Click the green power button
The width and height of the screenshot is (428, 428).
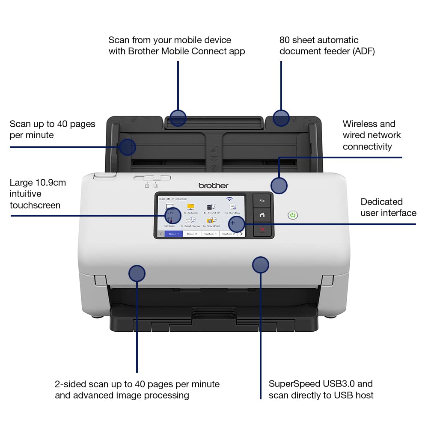(x=293, y=215)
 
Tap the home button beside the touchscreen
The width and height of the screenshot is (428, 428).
(x=262, y=215)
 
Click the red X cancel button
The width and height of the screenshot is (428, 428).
(x=262, y=230)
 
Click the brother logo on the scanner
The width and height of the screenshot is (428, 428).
(x=214, y=185)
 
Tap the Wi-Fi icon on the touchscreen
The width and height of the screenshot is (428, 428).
(x=230, y=199)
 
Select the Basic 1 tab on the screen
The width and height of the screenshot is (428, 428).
(x=174, y=234)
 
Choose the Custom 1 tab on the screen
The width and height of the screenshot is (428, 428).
(x=210, y=234)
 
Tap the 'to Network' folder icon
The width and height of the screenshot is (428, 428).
(x=191, y=208)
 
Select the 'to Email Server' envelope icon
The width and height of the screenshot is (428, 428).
(x=190, y=221)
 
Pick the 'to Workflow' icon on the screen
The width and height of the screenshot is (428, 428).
(x=233, y=208)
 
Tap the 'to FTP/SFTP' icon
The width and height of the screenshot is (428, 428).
(x=211, y=208)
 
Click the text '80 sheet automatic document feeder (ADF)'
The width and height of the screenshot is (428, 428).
(x=327, y=46)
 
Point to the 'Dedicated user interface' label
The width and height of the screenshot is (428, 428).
(x=388, y=207)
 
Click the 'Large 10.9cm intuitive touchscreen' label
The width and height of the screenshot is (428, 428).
(x=38, y=194)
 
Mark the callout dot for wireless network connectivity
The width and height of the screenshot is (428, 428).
(x=279, y=185)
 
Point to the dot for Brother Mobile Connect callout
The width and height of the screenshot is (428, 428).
(x=178, y=117)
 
